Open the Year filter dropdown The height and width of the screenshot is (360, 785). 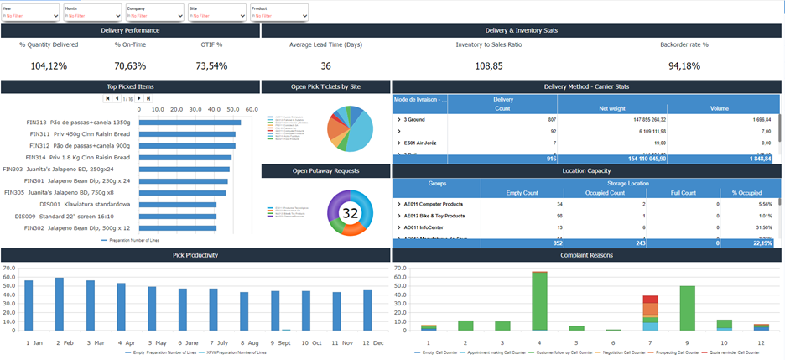tap(30, 15)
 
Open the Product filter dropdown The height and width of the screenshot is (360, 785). tap(278, 15)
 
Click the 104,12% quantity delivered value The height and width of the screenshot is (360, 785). tap(49, 65)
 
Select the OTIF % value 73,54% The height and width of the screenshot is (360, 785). tap(211, 65)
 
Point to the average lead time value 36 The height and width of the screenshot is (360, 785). tap(325, 65)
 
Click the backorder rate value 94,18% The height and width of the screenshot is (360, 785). tap(684, 65)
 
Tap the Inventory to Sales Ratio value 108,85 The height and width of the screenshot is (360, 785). tap(489, 65)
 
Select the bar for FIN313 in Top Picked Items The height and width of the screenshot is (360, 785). tap(190, 123)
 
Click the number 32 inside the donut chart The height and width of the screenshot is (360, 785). tap(350, 213)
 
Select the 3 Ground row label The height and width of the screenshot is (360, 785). tap(414, 119)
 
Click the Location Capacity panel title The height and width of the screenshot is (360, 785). tap(586, 170)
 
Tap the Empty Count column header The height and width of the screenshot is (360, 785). tap(521, 192)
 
